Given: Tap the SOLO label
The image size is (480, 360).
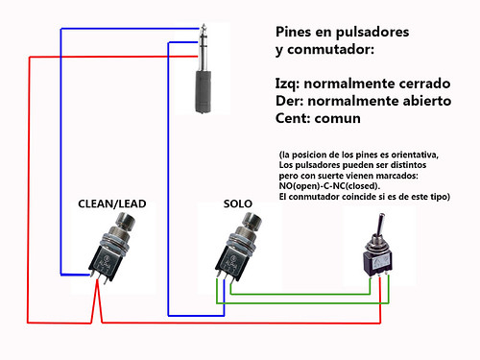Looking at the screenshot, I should coord(238,204).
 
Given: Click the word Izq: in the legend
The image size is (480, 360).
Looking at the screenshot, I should coord(291,83).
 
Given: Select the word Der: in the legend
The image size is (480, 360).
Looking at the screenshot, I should coord(292,102).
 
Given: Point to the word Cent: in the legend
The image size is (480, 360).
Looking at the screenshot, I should coord(297,120).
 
